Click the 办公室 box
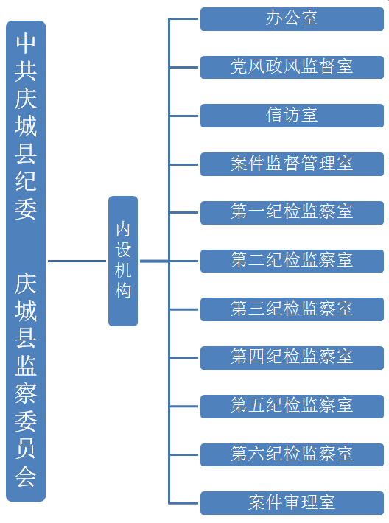[x=292, y=19]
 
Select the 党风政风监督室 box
[x=292, y=67]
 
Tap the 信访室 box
[x=292, y=116]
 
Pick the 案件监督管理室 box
[x=292, y=164]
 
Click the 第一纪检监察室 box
[x=292, y=212]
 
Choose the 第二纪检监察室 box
[x=292, y=261]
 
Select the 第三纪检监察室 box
[x=292, y=309]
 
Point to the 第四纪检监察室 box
[x=292, y=358]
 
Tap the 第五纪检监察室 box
[x=292, y=407]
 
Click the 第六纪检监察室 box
[x=292, y=454]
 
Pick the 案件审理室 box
[x=292, y=503]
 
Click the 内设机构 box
[x=123, y=261]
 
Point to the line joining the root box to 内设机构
[x=77, y=261]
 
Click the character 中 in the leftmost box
[x=26, y=43]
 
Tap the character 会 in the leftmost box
[x=26, y=477]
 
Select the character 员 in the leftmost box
[x=26, y=449]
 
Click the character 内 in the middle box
[x=123, y=229]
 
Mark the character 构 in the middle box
[x=123, y=290]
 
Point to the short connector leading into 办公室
[x=184, y=19]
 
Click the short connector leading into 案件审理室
[x=184, y=503]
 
